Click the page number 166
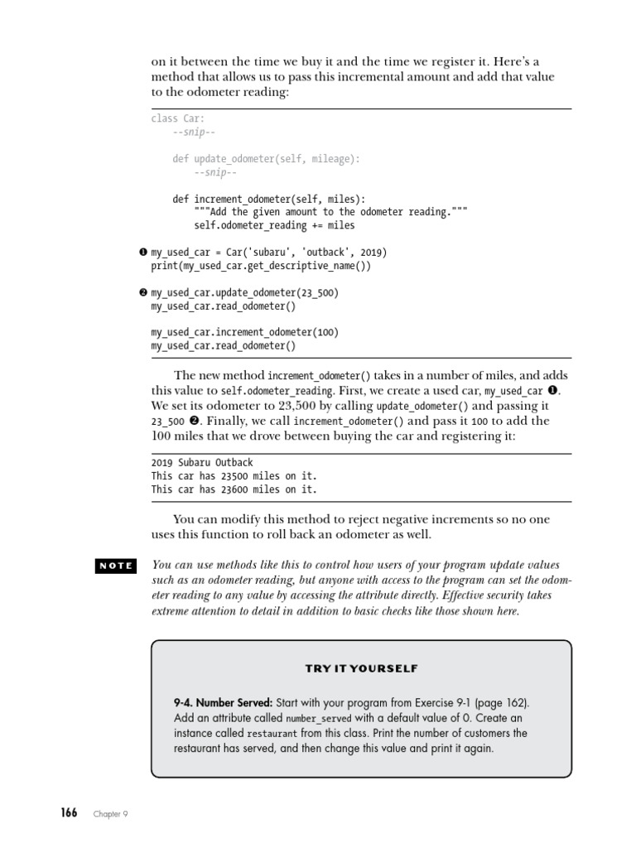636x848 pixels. pos(69,812)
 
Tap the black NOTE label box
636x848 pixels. pos(116,566)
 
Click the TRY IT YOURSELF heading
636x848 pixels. pos(361,668)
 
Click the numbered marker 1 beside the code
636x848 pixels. pos(143,252)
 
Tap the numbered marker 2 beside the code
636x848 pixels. pos(143,292)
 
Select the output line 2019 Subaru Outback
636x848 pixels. pos(202,463)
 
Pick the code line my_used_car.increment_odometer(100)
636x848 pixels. pos(245,333)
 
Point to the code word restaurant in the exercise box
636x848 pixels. pos(272,734)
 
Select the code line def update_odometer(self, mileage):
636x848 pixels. pos(267,159)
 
